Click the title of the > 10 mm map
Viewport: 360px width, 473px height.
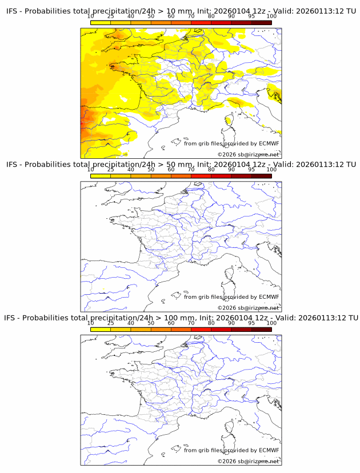[x=182, y=11]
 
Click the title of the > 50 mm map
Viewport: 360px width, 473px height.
[x=182, y=165]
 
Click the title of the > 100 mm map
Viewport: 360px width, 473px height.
[x=182, y=318]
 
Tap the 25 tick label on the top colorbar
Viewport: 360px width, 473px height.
[x=110, y=17]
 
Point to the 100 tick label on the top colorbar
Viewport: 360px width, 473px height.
[x=271, y=17]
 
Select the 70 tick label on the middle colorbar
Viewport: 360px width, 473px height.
[x=191, y=170]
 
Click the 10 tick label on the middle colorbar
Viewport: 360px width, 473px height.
[x=90, y=170]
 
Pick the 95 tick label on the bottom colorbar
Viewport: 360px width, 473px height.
[x=251, y=323]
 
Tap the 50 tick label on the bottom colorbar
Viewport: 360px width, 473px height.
[x=151, y=323]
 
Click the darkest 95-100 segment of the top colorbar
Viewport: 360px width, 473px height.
[x=261, y=22]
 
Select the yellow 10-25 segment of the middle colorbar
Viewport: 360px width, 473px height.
[x=100, y=176]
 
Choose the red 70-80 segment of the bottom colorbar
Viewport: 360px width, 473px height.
[x=201, y=330]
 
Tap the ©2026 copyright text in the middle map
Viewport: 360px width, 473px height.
[x=248, y=308]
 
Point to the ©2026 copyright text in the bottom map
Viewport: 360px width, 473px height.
[x=248, y=461]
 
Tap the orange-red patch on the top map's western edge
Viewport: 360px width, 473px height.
[x=84, y=120]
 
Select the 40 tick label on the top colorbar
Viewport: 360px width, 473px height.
[x=131, y=17]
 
